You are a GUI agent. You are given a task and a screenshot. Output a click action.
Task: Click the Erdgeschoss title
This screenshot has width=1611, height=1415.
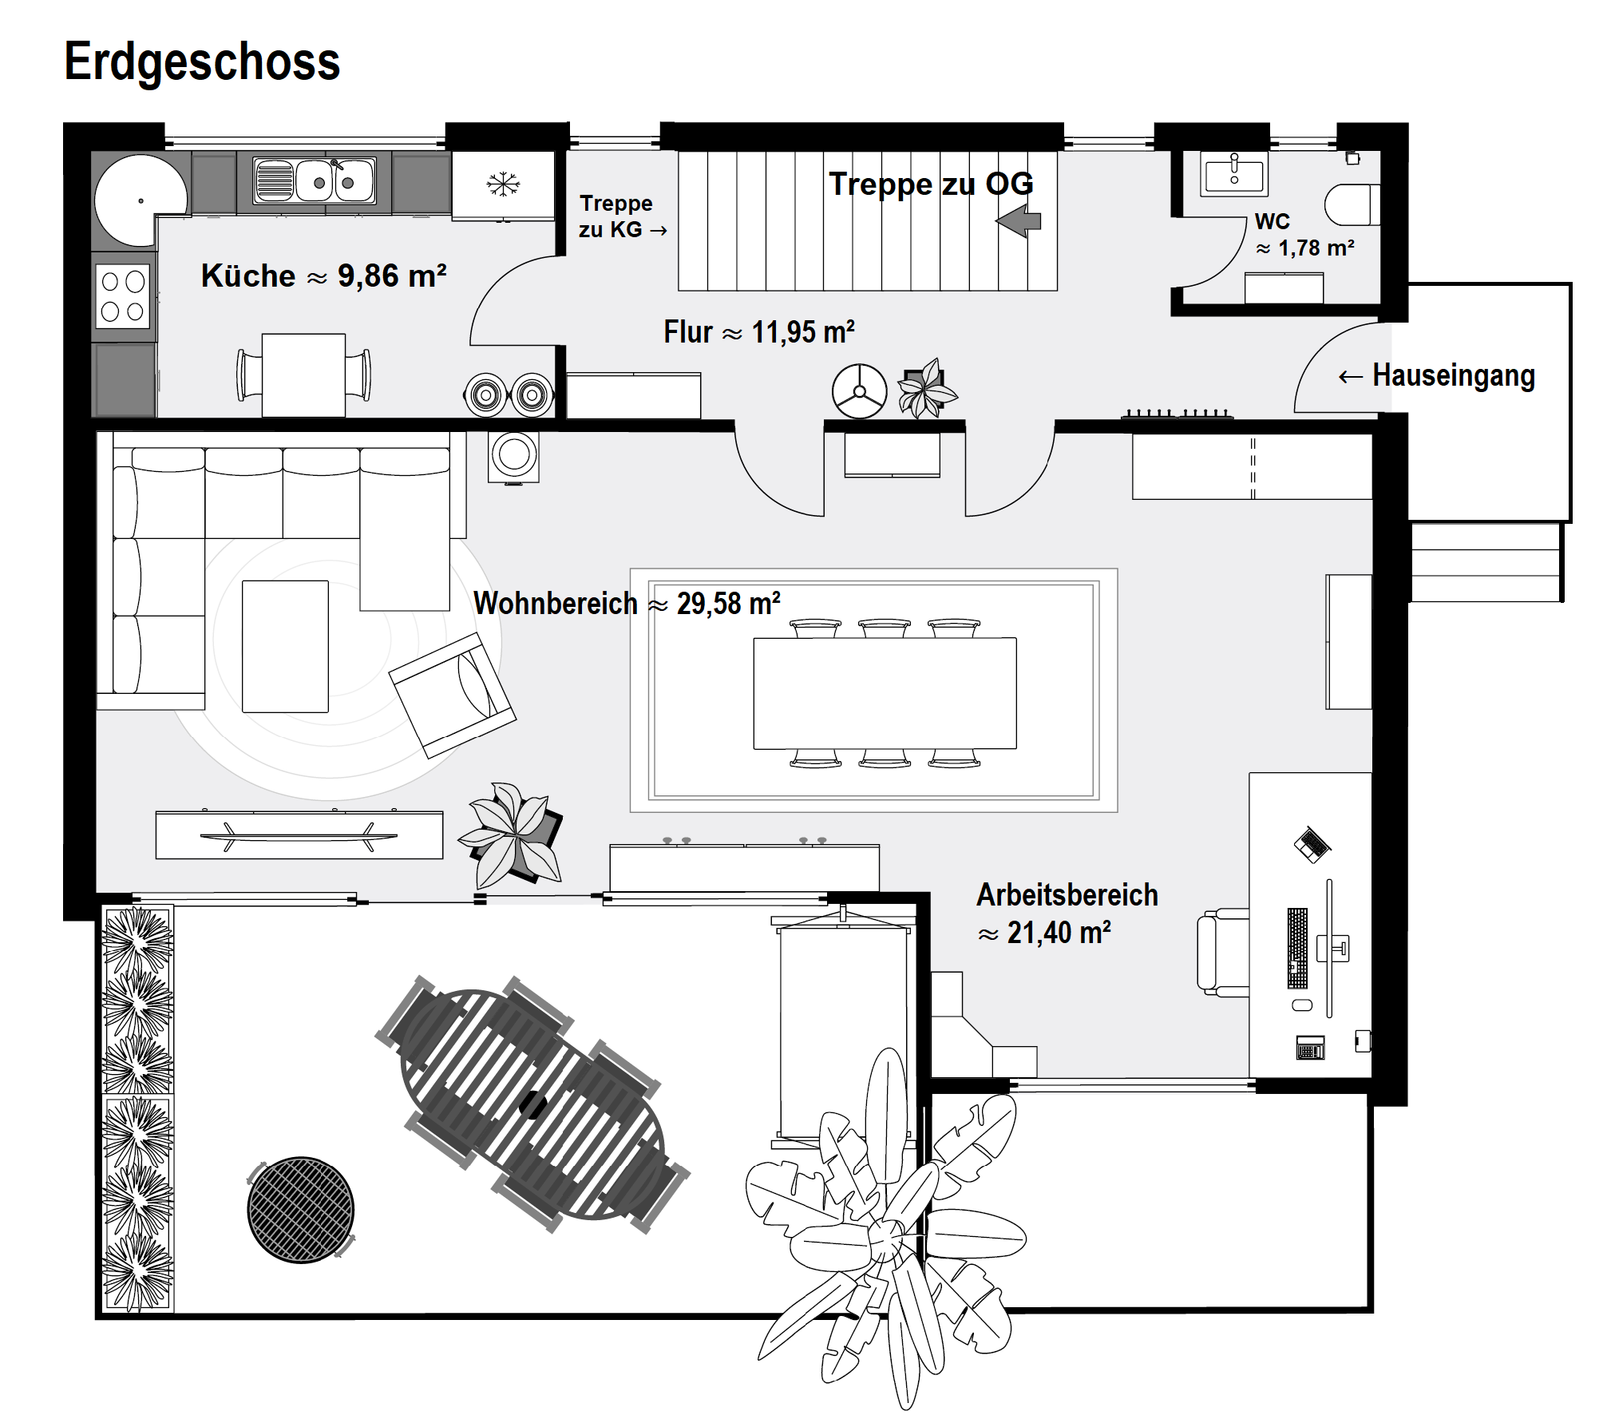[202, 62]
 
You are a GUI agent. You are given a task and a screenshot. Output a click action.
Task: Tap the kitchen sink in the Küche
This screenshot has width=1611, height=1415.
[315, 180]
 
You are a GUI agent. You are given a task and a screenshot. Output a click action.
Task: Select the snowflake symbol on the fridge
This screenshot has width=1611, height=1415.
[503, 184]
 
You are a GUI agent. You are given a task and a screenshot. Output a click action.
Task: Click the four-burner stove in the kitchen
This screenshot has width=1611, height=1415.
[123, 295]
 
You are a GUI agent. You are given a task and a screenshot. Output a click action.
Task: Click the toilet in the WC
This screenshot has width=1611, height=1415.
[1352, 205]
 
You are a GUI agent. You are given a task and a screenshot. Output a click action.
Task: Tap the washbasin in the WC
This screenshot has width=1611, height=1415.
[1234, 172]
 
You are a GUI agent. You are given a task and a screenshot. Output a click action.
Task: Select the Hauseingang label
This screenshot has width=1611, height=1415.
[1453, 375]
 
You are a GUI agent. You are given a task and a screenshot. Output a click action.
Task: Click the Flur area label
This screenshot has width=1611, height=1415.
[759, 331]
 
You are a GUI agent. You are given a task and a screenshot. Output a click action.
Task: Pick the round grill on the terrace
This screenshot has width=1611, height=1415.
[301, 1210]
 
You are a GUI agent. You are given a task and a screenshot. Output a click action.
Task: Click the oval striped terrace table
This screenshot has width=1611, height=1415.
[532, 1105]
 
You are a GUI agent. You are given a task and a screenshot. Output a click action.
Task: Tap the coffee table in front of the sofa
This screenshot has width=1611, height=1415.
[285, 646]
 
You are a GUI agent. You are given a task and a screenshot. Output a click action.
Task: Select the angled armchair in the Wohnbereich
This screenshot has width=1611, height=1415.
[452, 695]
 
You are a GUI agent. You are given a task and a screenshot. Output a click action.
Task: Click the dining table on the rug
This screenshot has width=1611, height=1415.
[885, 693]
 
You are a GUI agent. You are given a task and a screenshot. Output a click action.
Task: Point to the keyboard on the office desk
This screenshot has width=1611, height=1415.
[1298, 948]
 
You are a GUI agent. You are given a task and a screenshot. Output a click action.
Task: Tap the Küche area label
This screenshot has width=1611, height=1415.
[323, 276]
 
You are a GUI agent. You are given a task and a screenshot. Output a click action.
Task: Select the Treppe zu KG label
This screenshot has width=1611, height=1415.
[622, 216]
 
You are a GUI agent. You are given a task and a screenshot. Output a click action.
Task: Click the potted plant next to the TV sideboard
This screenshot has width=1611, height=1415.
[513, 835]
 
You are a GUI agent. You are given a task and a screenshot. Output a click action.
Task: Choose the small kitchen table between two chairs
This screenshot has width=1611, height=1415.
[303, 375]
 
